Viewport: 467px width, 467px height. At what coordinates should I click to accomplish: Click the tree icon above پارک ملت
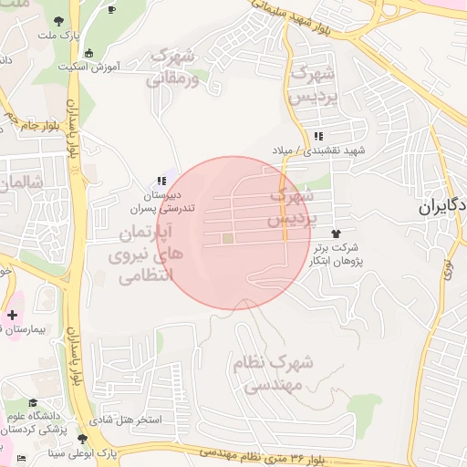coord(59,20)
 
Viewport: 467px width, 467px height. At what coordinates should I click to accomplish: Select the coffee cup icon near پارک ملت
coord(112,9)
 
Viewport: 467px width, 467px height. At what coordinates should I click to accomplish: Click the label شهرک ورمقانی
coord(171,67)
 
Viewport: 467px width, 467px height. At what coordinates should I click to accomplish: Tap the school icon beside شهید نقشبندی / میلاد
coord(317,136)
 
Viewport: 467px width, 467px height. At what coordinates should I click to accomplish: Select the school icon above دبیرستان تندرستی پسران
coord(161,182)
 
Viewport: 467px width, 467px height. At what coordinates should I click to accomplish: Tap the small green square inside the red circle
coord(227,239)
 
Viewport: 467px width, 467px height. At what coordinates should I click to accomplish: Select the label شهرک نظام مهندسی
coord(274,374)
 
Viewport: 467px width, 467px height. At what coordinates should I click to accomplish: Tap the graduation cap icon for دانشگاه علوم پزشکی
coord(33,402)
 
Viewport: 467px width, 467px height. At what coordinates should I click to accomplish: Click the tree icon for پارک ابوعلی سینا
coord(83,439)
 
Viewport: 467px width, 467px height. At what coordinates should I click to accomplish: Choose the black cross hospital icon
coord(12,314)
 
